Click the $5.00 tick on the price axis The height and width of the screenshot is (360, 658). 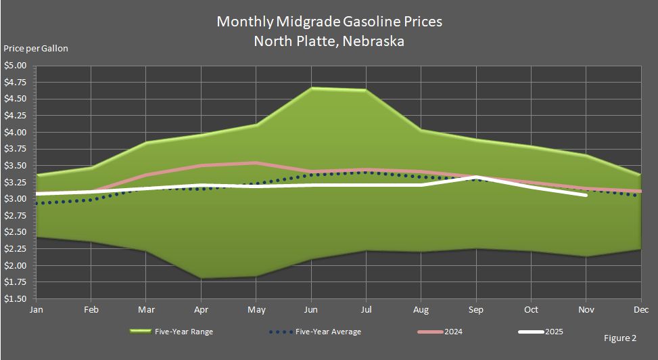15,66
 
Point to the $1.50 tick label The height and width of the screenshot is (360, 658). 15,299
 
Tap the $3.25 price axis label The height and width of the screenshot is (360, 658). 15,183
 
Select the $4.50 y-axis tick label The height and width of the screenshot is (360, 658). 15,99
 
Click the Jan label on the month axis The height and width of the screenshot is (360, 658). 37,310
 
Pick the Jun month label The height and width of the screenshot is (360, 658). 311,310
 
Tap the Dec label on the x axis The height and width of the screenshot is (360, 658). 640,310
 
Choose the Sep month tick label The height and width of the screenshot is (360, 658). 476,310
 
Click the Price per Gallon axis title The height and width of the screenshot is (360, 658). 36,49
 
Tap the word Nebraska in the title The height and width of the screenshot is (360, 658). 373,41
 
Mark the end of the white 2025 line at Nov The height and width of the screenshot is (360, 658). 586,195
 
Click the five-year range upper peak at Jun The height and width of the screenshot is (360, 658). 311,88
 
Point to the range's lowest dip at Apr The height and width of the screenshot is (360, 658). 202,277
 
